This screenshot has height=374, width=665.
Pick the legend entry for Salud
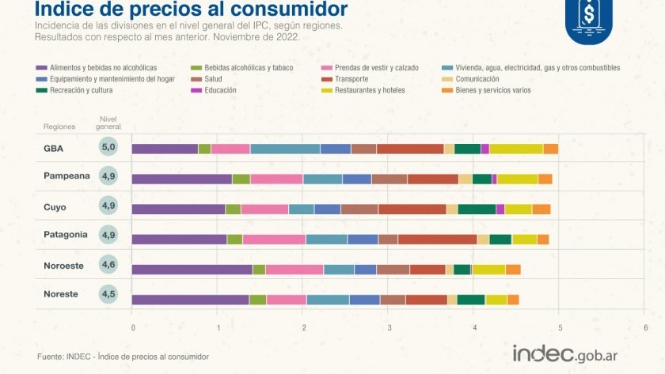213,79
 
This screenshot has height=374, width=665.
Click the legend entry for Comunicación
477,79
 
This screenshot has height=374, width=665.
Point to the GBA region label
54,148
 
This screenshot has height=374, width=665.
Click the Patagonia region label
65,235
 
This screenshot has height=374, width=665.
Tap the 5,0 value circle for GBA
109,147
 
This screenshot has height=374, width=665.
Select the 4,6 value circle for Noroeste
109,264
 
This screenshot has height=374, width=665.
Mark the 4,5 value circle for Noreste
109,293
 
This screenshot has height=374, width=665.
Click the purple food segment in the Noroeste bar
192,270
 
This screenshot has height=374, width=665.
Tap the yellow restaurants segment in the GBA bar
516,149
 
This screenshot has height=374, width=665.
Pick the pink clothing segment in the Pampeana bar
276,179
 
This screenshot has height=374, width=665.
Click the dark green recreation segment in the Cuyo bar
477,210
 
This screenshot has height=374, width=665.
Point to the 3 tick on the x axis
389,327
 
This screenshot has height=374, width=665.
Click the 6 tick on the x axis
645,327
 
